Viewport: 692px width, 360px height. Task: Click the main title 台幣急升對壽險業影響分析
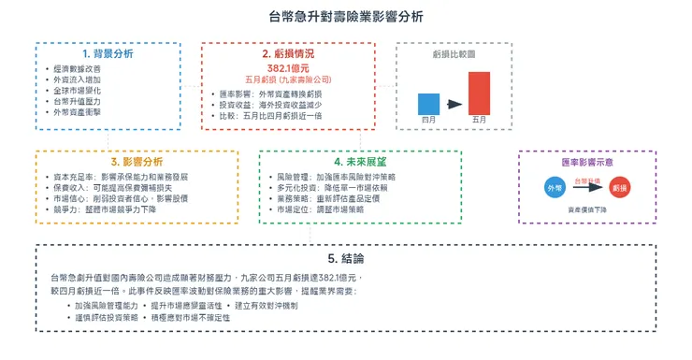pyautogui.click(x=345, y=17)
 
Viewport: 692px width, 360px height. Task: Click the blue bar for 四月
pyautogui.click(x=429, y=103)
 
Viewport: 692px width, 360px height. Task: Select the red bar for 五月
pyautogui.click(x=479, y=93)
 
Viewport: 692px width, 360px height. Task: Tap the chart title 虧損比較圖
pyautogui.click(x=454, y=54)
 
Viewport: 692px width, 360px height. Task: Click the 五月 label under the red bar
pyautogui.click(x=479, y=121)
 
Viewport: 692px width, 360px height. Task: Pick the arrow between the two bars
pyautogui.click(x=454, y=104)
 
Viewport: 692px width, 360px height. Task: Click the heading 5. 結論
pyautogui.click(x=345, y=258)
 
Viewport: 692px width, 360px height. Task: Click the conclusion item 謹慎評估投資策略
pyautogui.click(x=113, y=318)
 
